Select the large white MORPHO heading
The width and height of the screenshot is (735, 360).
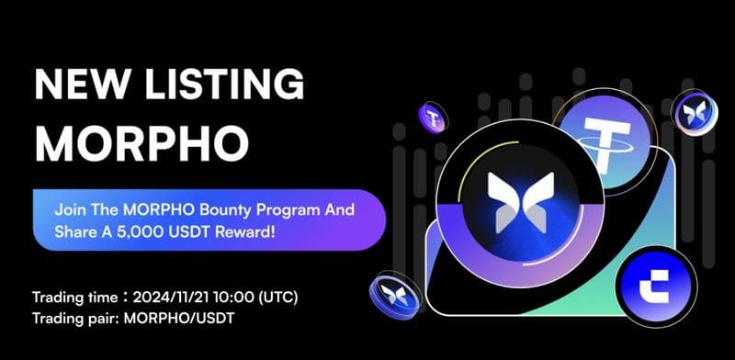[141, 141]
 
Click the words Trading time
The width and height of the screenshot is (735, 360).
[69, 299]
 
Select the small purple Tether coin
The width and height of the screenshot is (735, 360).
[432, 117]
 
